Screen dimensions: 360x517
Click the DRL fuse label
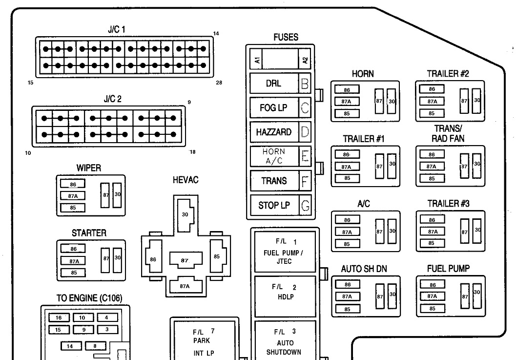point(273,83)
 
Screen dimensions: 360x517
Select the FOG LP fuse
point(273,107)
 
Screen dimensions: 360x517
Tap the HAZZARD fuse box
point(273,132)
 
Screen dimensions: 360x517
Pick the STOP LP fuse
point(273,205)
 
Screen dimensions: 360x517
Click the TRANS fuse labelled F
point(273,181)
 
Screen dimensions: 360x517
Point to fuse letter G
point(305,206)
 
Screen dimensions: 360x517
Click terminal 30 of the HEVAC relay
point(185,214)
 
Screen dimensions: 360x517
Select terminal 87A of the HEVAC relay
point(185,286)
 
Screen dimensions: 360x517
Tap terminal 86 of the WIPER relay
point(73,184)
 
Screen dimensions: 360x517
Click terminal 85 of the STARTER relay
point(73,273)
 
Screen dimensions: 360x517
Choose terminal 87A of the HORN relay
point(347,102)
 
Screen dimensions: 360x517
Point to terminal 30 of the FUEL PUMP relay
point(477,293)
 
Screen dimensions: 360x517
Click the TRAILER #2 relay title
point(448,74)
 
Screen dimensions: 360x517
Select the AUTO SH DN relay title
point(363,269)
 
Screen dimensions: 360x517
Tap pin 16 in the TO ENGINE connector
point(59,318)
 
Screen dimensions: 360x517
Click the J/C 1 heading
point(117,29)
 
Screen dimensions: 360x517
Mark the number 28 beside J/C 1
point(219,83)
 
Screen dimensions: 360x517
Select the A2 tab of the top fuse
point(305,61)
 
